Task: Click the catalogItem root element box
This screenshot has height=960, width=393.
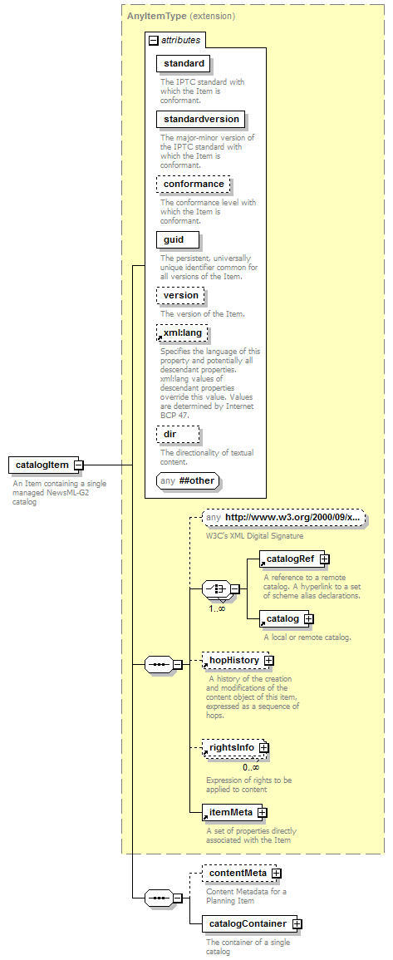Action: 43,465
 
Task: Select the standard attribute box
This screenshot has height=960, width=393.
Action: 184,63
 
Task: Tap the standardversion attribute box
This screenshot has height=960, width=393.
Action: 201,119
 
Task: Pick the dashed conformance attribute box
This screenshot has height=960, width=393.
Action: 194,184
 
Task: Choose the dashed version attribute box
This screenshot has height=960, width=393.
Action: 180,295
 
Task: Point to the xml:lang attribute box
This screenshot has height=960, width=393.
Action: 183,333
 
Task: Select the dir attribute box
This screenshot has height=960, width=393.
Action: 178,435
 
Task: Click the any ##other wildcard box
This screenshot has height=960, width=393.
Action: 188,480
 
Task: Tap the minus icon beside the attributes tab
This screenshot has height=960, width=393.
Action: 154,41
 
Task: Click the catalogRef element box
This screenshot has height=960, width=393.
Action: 292,559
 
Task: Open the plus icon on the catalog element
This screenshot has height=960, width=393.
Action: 308,619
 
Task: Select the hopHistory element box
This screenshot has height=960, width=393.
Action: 235,661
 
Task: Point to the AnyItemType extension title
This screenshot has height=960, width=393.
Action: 181,16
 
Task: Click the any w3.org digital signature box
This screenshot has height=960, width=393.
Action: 285,517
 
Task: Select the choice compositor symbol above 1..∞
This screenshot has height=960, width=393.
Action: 216,589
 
